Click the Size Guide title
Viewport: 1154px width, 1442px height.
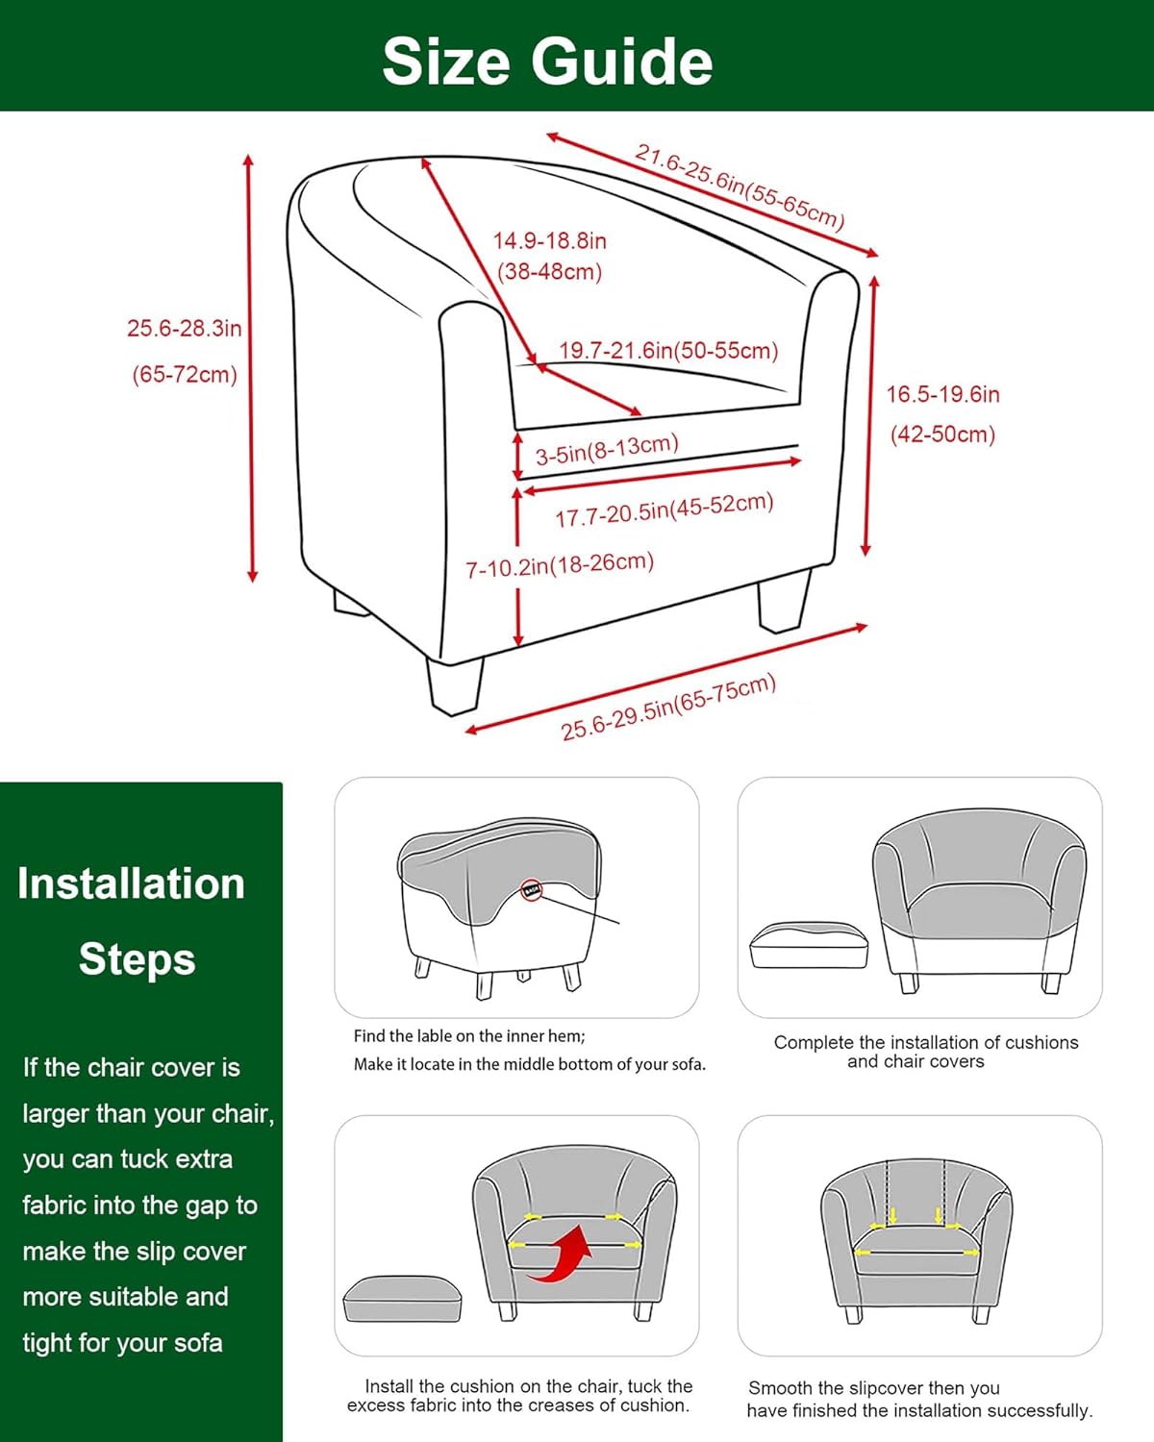coord(547,62)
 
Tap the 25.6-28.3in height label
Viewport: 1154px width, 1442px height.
coord(184,329)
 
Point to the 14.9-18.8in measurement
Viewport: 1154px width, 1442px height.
coord(550,241)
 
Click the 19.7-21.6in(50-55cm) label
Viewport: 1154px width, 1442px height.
coord(668,351)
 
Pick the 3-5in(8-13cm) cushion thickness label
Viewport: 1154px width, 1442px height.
coord(607,450)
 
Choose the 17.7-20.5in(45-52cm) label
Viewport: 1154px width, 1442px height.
coord(664,510)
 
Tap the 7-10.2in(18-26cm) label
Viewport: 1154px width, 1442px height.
coord(560,565)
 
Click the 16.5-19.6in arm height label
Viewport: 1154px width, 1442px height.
coord(942,394)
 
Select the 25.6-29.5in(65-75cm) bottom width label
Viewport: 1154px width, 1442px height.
coord(668,708)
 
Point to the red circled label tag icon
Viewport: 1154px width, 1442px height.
coord(532,890)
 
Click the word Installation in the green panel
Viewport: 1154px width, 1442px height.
coord(131,883)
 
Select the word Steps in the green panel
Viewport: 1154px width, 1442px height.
coord(137,959)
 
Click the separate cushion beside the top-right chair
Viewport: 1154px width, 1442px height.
coord(809,946)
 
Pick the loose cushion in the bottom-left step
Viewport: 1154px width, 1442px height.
coord(402,1298)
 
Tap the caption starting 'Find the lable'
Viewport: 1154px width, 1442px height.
coord(469,1036)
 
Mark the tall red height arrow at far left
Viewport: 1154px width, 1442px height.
coord(250,368)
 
